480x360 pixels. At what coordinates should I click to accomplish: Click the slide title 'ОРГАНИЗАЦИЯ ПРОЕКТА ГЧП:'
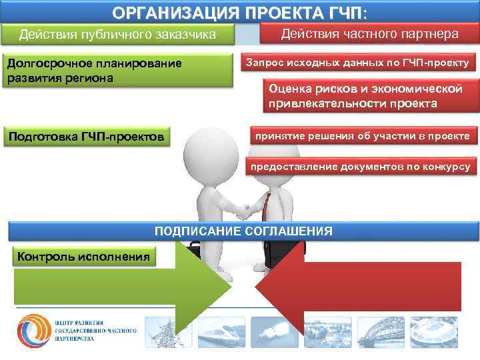tap(239, 13)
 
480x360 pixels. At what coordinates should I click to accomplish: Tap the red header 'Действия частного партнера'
tap(369, 34)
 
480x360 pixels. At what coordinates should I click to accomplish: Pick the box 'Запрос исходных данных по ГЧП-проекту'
tap(357, 63)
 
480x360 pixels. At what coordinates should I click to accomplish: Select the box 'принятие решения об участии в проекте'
tap(363, 136)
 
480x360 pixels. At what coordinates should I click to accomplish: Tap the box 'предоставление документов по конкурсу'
tap(363, 166)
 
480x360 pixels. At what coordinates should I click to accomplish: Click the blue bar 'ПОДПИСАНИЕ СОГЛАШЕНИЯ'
tap(243, 231)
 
